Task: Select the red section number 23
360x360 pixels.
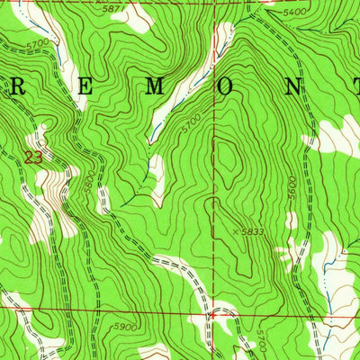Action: [33, 157]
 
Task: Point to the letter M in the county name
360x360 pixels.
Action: [156, 88]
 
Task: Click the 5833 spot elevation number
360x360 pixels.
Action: [256, 231]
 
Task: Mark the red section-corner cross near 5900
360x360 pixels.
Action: [211, 315]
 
